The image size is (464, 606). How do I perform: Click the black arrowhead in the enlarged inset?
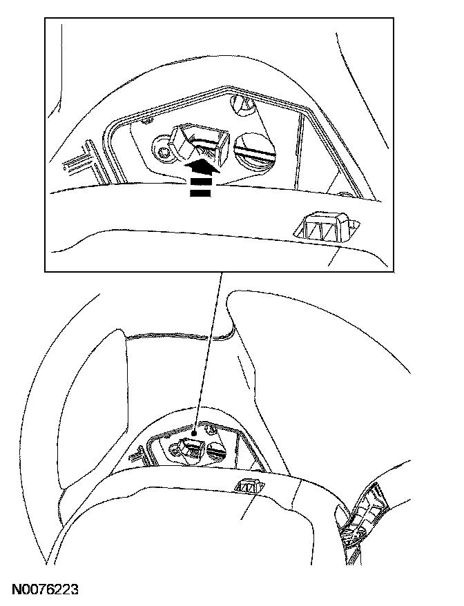201,166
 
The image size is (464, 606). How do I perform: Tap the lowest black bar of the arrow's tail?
201,193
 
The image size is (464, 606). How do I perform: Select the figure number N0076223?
46,589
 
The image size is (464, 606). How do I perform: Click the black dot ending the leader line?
195,434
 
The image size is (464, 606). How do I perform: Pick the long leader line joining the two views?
208,352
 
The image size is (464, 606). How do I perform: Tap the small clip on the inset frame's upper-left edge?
146,121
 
